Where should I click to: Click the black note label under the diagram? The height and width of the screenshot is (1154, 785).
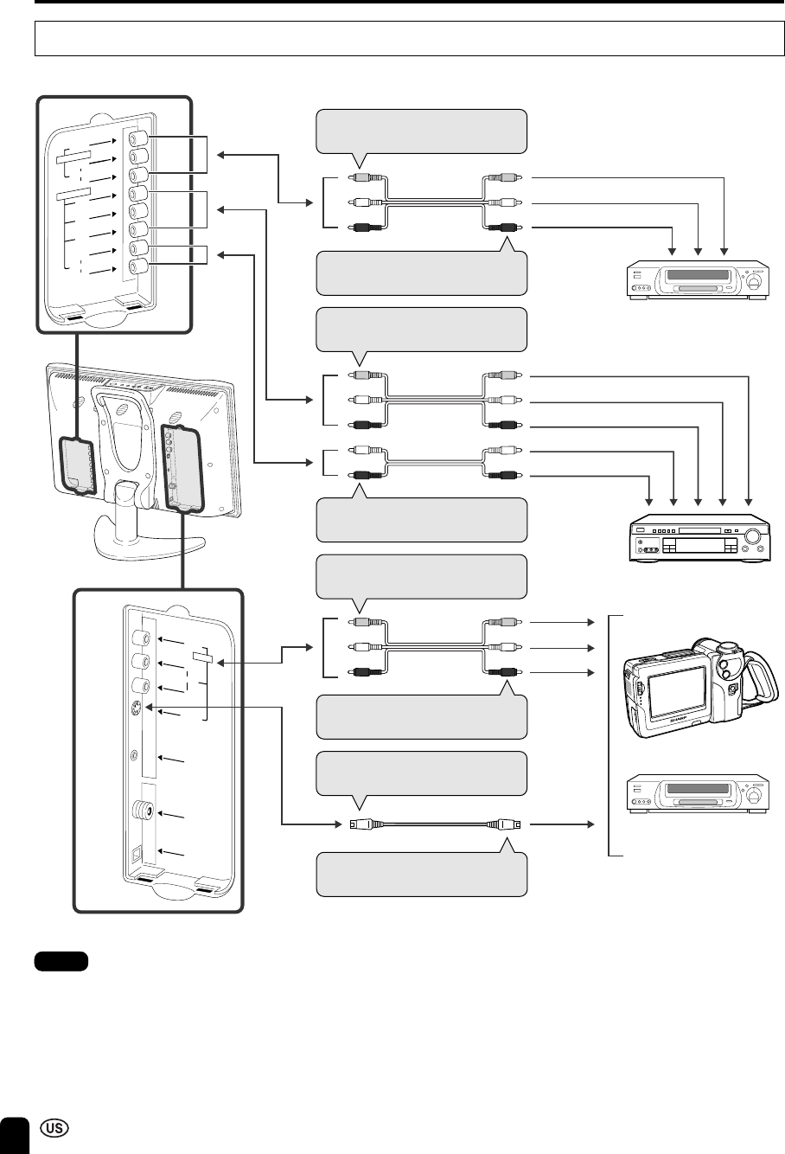[61, 961]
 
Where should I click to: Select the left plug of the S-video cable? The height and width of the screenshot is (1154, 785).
[354, 823]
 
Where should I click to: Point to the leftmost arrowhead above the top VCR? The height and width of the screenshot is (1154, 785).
[673, 253]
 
